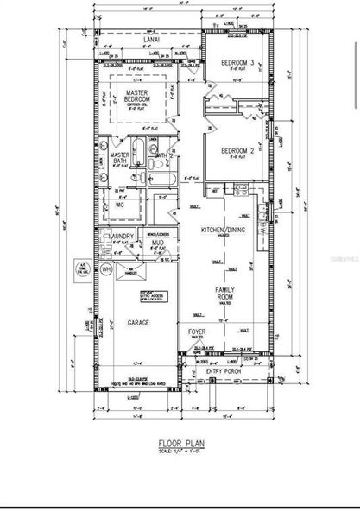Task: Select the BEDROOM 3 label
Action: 237,63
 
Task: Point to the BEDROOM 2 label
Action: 238,152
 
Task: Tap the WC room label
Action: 119,205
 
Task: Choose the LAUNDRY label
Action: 117,235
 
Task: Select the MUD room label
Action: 159,243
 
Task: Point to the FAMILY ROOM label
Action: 227,295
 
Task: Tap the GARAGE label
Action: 139,322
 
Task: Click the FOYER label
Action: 197,332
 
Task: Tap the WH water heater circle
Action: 107,269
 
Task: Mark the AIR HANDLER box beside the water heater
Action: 129,269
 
